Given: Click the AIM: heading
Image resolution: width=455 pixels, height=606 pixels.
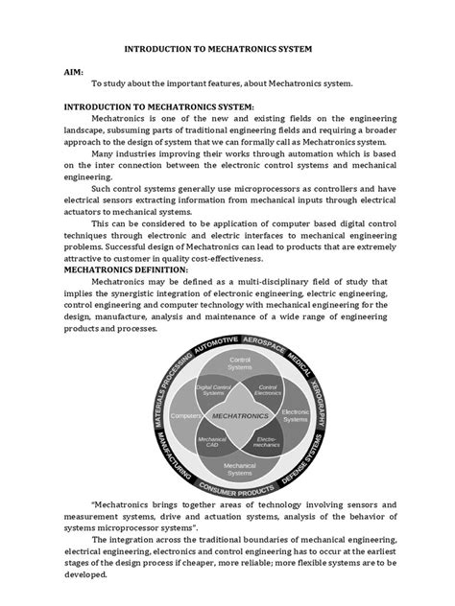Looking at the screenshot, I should point(75,70).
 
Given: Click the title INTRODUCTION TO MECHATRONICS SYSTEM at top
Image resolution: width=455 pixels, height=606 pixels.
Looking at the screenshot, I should point(227,45).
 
